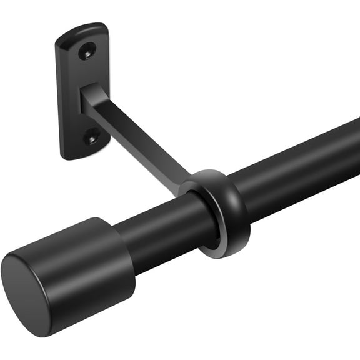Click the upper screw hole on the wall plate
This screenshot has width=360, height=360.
[87, 51]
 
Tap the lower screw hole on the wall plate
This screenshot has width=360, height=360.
[91, 135]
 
